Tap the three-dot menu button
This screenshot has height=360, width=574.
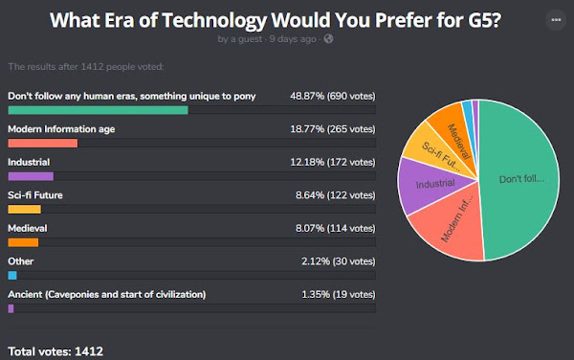tap(555, 20)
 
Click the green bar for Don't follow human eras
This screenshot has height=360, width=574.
tap(98, 110)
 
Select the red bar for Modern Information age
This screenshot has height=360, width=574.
tap(42, 143)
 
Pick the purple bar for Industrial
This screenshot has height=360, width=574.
tap(31, 176)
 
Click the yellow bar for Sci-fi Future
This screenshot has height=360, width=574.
tap(24, 209)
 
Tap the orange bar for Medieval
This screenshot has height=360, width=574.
tap(23, 242)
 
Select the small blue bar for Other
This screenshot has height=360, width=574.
tap(12, 275)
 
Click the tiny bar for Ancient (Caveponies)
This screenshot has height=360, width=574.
tap(11, 308)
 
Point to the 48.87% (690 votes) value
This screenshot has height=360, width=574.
tap(333, 97)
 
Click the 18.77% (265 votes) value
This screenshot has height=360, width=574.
tap(333, 129)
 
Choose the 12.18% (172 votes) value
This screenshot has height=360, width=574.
tap(333, 163)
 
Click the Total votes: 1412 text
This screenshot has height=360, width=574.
tap(55, 351)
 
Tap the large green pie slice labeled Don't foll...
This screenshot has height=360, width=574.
tap(521, 177)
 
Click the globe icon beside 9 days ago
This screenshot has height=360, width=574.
tap(328, 39)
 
